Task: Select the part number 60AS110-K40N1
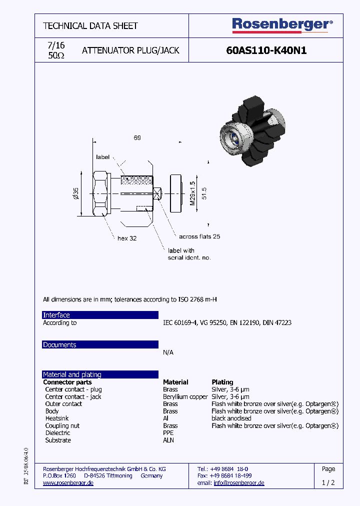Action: [x=266, y=50]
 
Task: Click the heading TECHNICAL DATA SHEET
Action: [x=90, y=25]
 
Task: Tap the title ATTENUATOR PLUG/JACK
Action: [x=130, y=50]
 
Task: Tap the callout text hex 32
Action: [x=127, y=238]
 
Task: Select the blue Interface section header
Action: [x=100, y=315]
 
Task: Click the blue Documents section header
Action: [x=100, y=345]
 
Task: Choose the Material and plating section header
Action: [x=100, y=374]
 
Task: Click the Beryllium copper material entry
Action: [x=185, y=396]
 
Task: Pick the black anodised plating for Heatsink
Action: [x=231, y=418]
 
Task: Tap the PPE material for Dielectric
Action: [x=169, y=433]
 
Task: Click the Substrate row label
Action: [x=58, y=440]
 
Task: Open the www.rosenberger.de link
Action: [x=68, y=483]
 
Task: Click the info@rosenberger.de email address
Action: [x=239, y=483]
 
